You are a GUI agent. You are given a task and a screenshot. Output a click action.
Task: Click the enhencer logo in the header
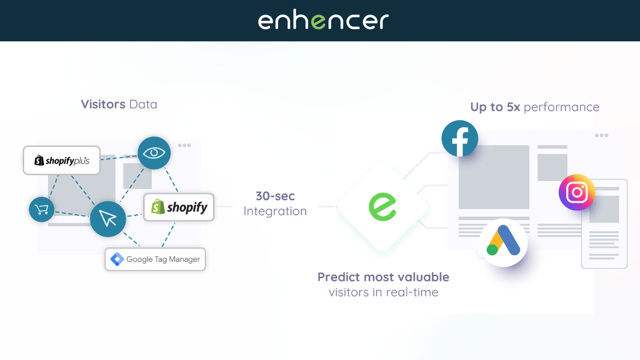pos(323,20)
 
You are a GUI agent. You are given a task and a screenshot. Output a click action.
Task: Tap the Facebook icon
pos(460,139)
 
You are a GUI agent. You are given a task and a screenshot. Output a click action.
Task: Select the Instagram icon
pos(577,192)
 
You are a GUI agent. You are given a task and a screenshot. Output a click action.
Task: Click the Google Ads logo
pos(503,242)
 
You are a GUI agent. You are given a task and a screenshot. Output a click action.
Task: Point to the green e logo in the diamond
pos(382,206)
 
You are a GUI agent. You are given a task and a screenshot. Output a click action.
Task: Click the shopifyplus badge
pos(62,160)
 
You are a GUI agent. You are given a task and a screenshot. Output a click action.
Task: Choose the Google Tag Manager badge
pos(155,259)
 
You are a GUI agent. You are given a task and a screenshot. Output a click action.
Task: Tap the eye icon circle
pos(154,153)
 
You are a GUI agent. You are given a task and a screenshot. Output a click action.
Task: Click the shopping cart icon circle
pos(42,209)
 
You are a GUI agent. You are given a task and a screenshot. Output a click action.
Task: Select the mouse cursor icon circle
pos(108,219)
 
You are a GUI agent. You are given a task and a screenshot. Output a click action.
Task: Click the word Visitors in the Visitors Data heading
pos(103,104)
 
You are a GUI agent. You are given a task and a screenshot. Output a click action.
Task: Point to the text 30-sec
pos(275,196)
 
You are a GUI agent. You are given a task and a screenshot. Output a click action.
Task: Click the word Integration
pos(275,211)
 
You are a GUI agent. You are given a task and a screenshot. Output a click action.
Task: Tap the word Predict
pos(339,277)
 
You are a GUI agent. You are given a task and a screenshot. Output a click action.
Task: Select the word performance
pos(561,107)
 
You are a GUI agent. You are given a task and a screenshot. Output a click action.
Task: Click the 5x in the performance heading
pos(513,107)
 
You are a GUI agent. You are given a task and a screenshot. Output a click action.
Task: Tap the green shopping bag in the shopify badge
pos(158,207)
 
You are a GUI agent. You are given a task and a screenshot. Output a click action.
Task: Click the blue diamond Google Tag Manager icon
pos(117,259)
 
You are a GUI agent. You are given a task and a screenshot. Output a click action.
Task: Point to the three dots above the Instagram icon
pos(601,136)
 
